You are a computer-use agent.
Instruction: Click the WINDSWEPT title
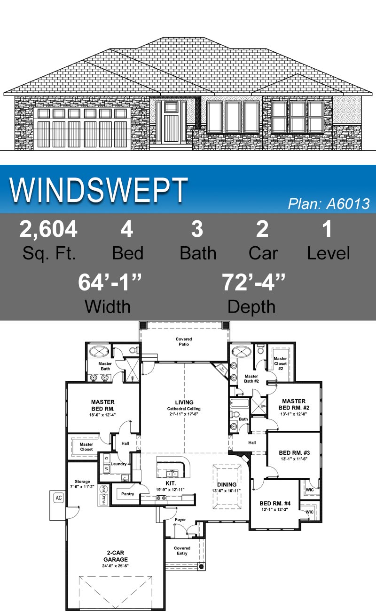99,191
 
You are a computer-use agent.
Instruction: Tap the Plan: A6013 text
329,204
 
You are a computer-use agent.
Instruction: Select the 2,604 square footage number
48,229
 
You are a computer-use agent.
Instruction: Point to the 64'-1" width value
110,282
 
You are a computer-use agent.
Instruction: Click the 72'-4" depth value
253,282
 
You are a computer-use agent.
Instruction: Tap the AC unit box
59,498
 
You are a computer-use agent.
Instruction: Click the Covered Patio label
184,342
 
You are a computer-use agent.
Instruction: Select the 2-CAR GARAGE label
116,556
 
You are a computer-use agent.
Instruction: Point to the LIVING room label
184,402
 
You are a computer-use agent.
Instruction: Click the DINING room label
227,484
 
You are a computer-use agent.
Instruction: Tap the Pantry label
127,494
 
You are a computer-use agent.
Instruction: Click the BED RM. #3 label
294,452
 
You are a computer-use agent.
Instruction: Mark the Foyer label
180,520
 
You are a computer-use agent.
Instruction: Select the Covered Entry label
182,551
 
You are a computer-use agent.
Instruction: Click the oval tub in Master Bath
99,351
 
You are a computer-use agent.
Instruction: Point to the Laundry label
120,464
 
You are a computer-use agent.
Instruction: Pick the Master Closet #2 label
281,364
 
